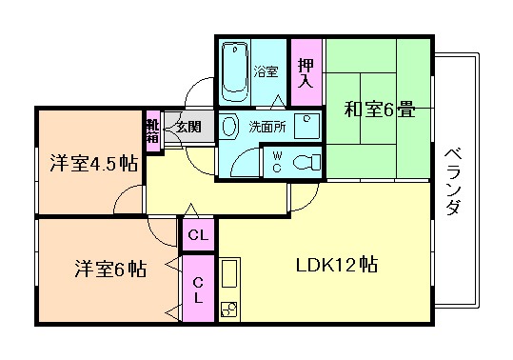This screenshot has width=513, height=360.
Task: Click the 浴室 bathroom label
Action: pyautogui.click(x=266, y=71)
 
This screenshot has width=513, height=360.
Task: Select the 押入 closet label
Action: pyautogui.click(x=305, y=72)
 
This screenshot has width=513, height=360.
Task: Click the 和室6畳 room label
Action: pyautogui.click(x=380, y=109)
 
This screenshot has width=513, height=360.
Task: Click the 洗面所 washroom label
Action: pyautogui.click(x=266, y=126)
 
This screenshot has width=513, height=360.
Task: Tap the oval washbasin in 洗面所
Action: pyautogui.click(x=229, y=126)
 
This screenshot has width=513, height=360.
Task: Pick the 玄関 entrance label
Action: pyautogui.click(x=187, y=126)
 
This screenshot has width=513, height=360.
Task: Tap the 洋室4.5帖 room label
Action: pyautogui.click(x=93, y=163)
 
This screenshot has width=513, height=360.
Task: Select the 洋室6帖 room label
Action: pyautogui.click(x=110, y=268)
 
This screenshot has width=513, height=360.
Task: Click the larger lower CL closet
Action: pyautogui.click(x=199, y=288)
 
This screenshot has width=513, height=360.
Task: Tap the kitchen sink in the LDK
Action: pyautogui.click(x=231, y=276)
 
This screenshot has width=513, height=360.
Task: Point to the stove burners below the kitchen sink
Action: pyautogui.click(x=231, y=309)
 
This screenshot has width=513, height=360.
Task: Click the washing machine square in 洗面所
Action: pyautogui.click(x=305, y=123)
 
